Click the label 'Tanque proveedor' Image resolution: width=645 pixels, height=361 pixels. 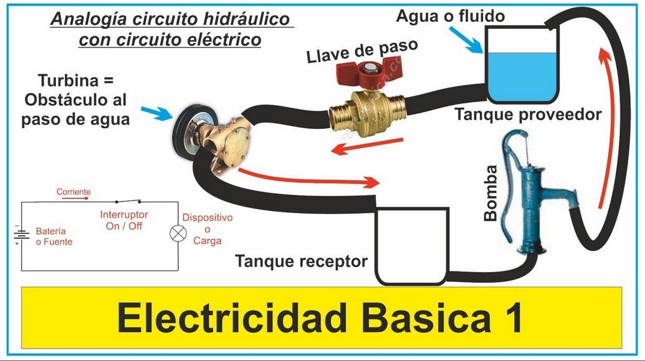point(528,115)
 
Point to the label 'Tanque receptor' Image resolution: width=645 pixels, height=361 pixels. point(301,261)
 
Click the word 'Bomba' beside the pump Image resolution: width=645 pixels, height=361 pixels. point(491,194)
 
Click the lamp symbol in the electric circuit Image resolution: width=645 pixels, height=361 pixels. point(179,234)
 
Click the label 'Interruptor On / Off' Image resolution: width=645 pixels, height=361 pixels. point(124,220)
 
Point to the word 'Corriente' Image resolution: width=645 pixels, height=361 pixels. point(74,192)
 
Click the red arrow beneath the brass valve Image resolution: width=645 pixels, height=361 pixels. point(364,145)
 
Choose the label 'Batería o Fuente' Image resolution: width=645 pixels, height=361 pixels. point(54,236)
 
